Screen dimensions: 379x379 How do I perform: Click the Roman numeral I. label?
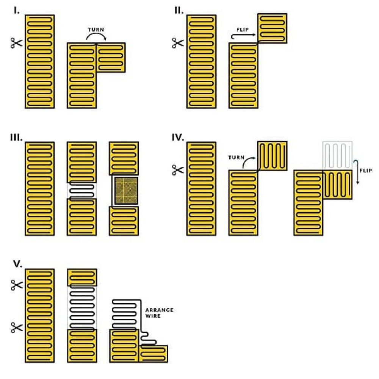[x=16, y=11]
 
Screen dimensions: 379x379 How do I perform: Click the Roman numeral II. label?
[x=179, y=11]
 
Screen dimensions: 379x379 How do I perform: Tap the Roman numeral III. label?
[x=16, y=138]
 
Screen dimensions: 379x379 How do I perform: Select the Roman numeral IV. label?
[x=178, y=138]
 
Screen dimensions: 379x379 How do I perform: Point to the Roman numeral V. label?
[x=18, y=264]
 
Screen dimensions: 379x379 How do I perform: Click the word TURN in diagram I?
[x=96, y=30]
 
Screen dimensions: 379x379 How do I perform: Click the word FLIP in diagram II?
[x=243, y=30]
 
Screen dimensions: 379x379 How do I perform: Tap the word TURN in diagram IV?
[x=236, y=158]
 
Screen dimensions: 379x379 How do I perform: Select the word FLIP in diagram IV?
[x=366, y=171]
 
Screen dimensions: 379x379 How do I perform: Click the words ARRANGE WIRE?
[x=159, y=313]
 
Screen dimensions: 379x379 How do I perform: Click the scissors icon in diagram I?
[x=16, y=43]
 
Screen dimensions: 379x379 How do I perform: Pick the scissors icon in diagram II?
[x=178, y=43]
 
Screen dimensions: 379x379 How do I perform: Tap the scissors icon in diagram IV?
[x=178, y=170]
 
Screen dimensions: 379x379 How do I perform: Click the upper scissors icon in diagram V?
[x=17, y=285]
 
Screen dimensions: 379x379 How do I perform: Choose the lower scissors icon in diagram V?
[x=17, y=327]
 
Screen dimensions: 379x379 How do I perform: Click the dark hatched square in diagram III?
[x=127, y=191]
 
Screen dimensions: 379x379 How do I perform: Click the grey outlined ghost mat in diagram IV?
[x=337, y=156]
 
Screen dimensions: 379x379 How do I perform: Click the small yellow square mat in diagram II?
[x=272, y=28]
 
